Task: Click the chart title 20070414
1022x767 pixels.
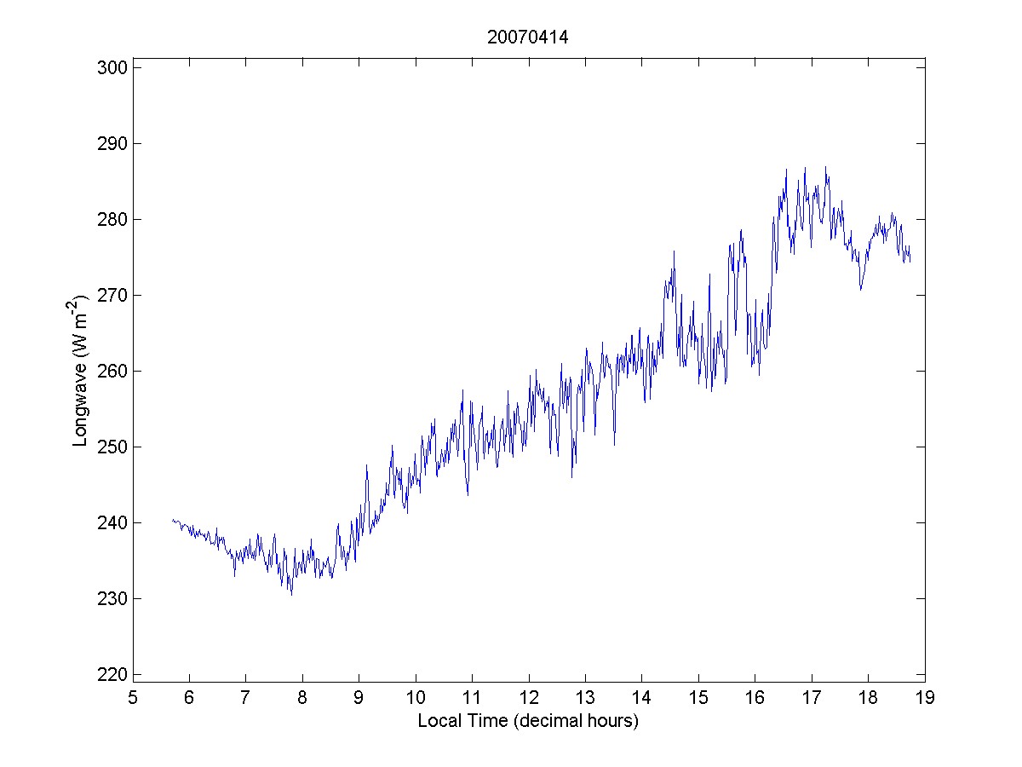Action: pos(528,37)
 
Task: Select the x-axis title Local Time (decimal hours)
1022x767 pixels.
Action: pos(528,721)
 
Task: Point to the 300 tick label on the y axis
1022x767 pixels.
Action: pos(113,67)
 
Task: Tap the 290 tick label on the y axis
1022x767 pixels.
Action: pos(113,143)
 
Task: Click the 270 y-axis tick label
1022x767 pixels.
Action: pos(113,295)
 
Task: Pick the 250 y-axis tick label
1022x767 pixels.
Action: pos(113,447)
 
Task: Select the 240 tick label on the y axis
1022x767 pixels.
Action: pos(113,522)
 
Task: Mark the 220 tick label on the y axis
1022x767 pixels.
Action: pos(113,674)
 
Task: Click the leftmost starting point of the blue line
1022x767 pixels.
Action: pos(172,520)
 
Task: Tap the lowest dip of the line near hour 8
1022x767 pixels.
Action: pos(291,594)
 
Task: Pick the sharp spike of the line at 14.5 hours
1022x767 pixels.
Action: pos(674,251)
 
